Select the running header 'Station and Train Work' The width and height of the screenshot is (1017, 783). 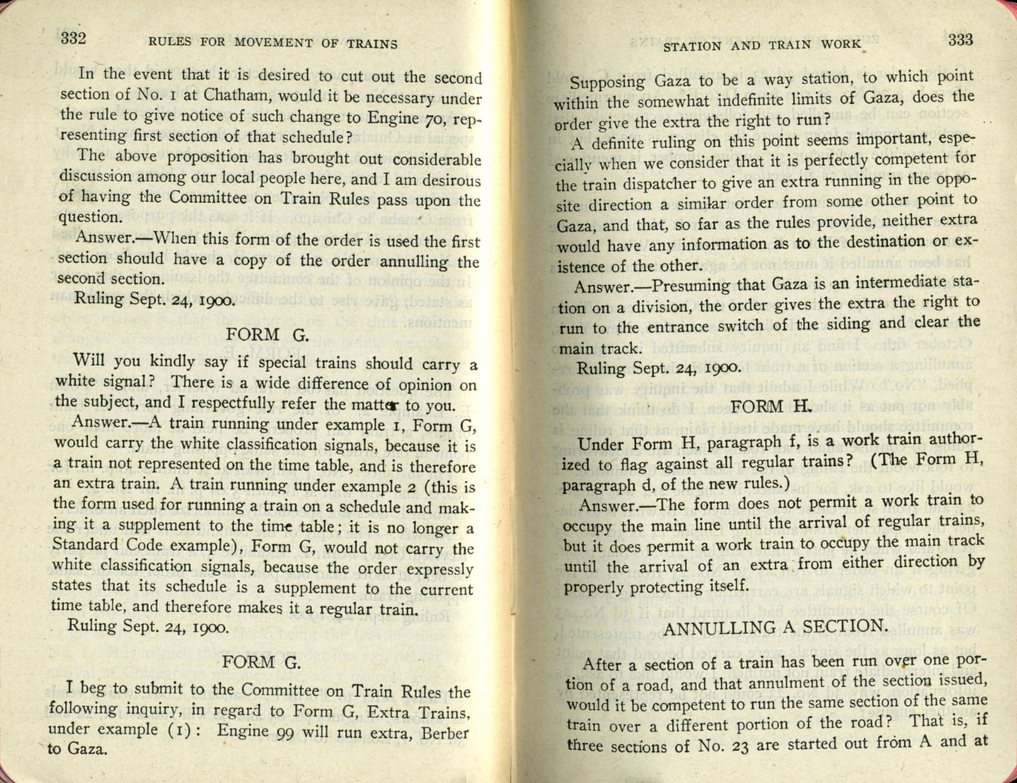762,46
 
